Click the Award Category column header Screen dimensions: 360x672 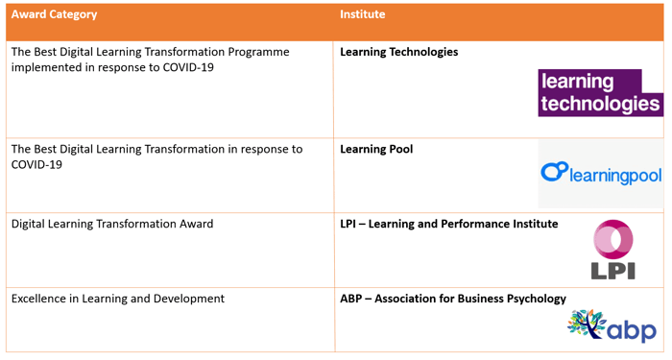pyautogui.click(x=54, y=14)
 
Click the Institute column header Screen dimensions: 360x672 pyautogui.click(x=361, y=14)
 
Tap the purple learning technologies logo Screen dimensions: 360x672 pyautogui.click(x=600, y=93)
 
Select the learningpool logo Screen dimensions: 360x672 pyautogui.click(x=600, y=174)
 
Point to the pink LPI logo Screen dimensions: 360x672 pyautogui.click(x=612, y=251)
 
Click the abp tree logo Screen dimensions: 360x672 pyautogui.click(x=612, y=324)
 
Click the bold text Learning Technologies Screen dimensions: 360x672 pyautogui.click(x=398, y=52)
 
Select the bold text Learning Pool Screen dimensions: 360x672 pyautogui.click(x=376, y=149)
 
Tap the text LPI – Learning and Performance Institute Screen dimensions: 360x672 pyautogui.click(x=448, y=224)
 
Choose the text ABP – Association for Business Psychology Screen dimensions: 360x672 pyautogui.click(x=453, y=299)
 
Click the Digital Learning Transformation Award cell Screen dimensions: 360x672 pyautogui.click(x=112, y=224)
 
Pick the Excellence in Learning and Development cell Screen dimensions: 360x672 pyautogui.click(x=117, y=299)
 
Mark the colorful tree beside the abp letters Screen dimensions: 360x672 pyautogui.click(x=585, y=324)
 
